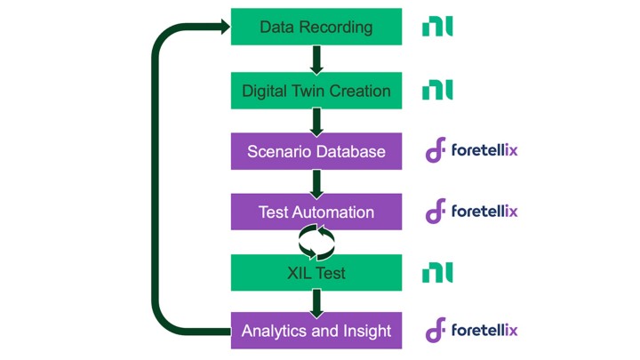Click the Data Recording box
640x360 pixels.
click(x=316, y=27)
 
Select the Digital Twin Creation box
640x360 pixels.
click(x=316, y=91)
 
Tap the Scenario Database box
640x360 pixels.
click(x=316, y=151)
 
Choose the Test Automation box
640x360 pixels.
click(x=316, y=212)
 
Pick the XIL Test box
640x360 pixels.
click(x=316, y=272)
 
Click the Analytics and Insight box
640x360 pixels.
click(x=316, y=332)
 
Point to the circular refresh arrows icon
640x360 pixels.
click(x=316, y=241)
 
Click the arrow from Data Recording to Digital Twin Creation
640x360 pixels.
click(x=316, y=59)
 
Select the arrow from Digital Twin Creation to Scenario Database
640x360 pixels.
click(x=316, y=121)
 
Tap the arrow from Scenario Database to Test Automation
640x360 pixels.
click(x=316, y=181)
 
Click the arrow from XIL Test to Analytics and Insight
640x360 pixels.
click(x=316, y=301)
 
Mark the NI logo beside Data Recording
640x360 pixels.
click(x=437, y=27)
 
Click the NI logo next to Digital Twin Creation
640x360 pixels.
click(x=437, y=90)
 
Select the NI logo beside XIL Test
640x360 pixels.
click(x=437, y=272)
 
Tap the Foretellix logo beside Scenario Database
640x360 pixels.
click(x=471, y=151)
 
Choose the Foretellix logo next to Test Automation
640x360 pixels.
click(x=471, y=212)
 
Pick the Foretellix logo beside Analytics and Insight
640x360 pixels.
click(x=471, y=331)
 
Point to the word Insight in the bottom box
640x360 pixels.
click(x=364, y=332)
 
